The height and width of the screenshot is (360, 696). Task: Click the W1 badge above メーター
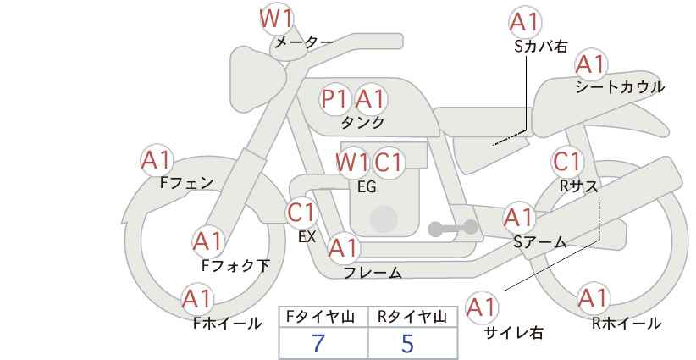coord(275,18)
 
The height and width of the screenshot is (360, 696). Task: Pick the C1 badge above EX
coord(301,212)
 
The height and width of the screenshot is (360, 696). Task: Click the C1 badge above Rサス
coord(566,161)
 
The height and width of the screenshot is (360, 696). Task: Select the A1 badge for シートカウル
coord(590,64)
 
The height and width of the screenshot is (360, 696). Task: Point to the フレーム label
coord(373,273)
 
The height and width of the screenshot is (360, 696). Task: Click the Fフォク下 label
coord(235,266)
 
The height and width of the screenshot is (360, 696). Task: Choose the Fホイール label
coord(228,323)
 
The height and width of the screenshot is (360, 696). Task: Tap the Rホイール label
coord(627,323)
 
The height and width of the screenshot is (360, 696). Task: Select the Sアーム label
coord(540,241)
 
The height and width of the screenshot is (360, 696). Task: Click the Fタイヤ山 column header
coord(323,317)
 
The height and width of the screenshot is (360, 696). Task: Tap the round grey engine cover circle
coord(384,219)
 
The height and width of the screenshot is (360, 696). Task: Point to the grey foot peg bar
coord(452,228)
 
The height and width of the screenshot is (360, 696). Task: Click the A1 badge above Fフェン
coord(157,159)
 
